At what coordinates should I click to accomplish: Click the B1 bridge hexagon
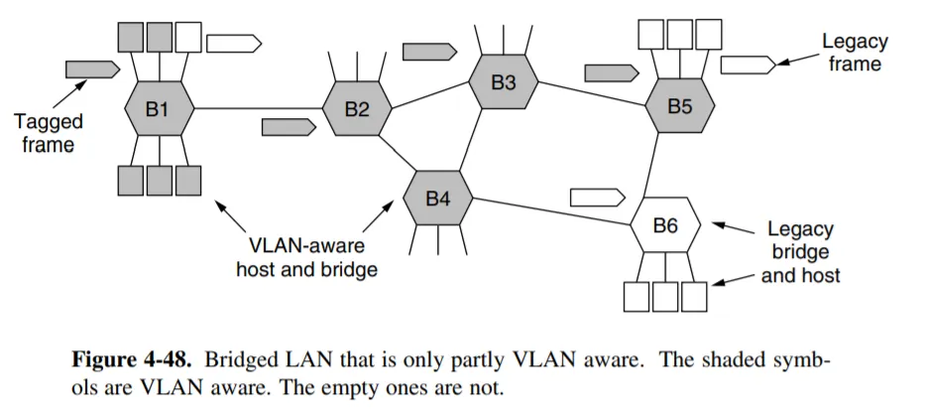point(159,109)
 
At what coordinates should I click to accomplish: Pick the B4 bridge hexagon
point(438,199)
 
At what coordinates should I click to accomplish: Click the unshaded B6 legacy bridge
point(665,226)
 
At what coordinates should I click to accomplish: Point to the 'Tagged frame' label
point(48,133)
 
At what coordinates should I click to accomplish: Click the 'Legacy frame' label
point(855,53)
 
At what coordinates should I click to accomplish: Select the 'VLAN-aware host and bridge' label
point(306,257)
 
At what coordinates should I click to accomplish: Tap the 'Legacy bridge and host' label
point(800,252)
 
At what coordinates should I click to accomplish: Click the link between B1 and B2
point(258,107)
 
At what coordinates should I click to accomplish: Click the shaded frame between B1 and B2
point(289,127)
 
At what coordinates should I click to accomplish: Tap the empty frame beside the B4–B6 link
point(598,195)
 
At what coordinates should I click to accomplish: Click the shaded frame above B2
point(429,50)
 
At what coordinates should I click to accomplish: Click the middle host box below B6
point(665,296)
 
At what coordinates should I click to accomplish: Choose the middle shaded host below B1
point(159,181)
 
